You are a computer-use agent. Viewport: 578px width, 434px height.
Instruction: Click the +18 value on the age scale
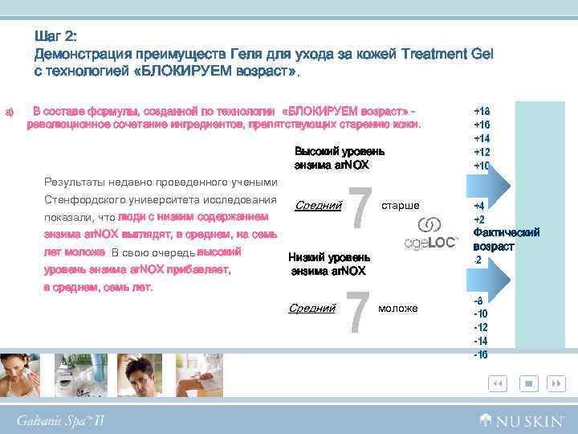482,112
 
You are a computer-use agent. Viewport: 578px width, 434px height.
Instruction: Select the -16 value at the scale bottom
481,354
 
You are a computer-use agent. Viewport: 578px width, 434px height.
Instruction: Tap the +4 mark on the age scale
479,207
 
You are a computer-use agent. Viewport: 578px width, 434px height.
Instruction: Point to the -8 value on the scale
479,300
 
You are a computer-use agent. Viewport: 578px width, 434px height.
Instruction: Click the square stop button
529,384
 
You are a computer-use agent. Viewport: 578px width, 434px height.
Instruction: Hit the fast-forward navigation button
556,384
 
